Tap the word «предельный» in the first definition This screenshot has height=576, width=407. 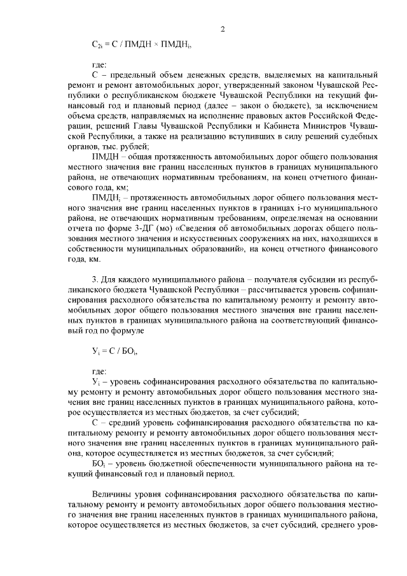click(134, 74)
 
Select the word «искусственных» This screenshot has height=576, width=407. click(183, 237)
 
